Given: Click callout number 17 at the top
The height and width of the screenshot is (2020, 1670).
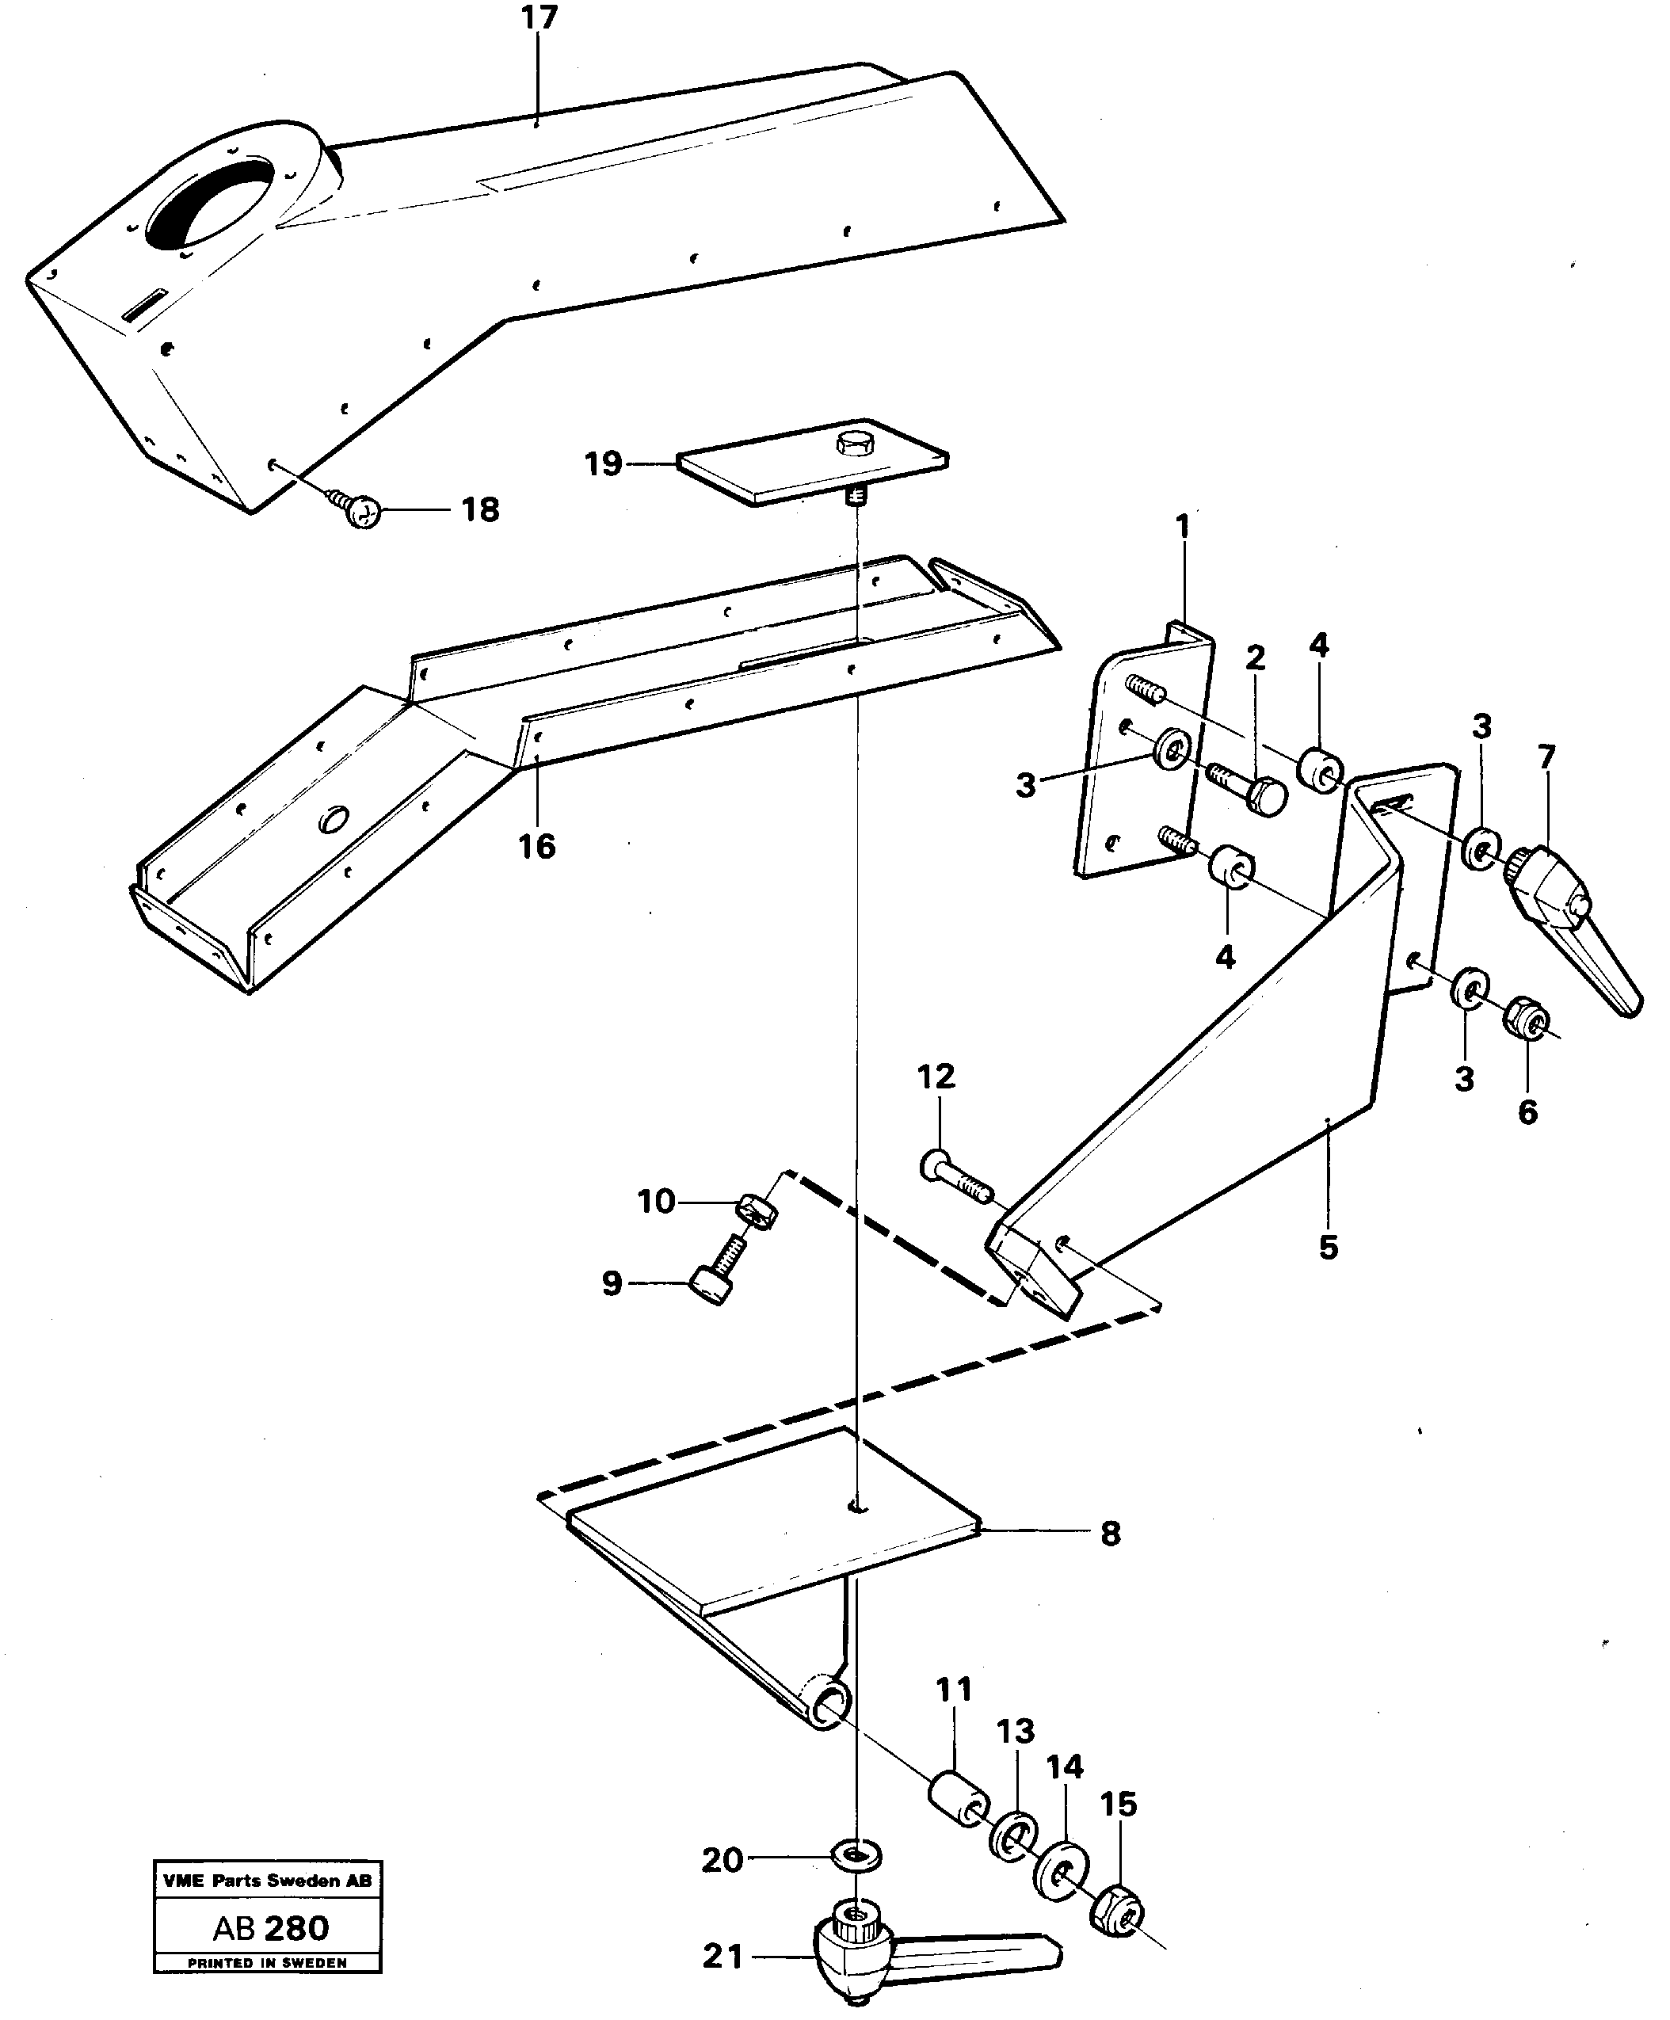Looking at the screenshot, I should click(540, 18).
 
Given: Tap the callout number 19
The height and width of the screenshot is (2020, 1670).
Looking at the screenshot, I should click(604, 464).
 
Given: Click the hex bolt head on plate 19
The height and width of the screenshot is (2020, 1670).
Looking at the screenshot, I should click(853, 444).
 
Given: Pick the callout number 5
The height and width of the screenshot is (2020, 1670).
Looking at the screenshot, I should click(1328, 1248).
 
